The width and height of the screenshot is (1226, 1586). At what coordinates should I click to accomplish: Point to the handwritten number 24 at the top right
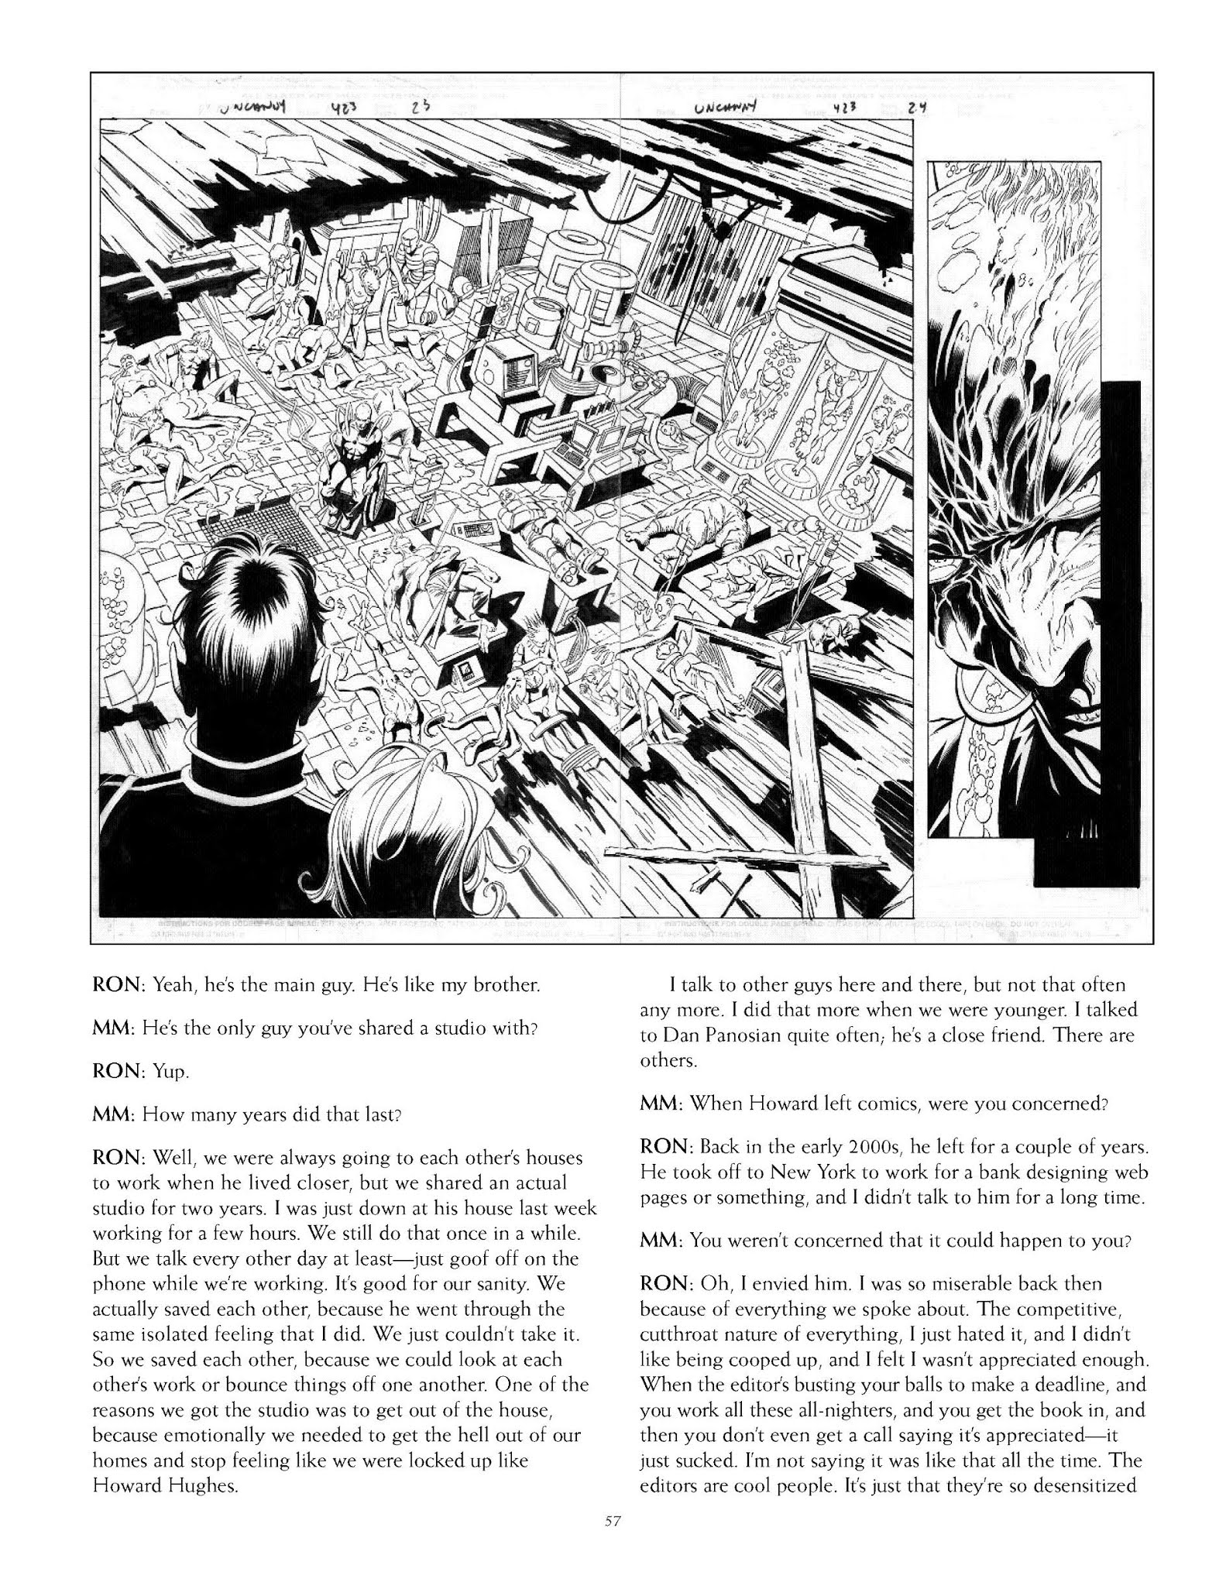pos(919,109)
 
